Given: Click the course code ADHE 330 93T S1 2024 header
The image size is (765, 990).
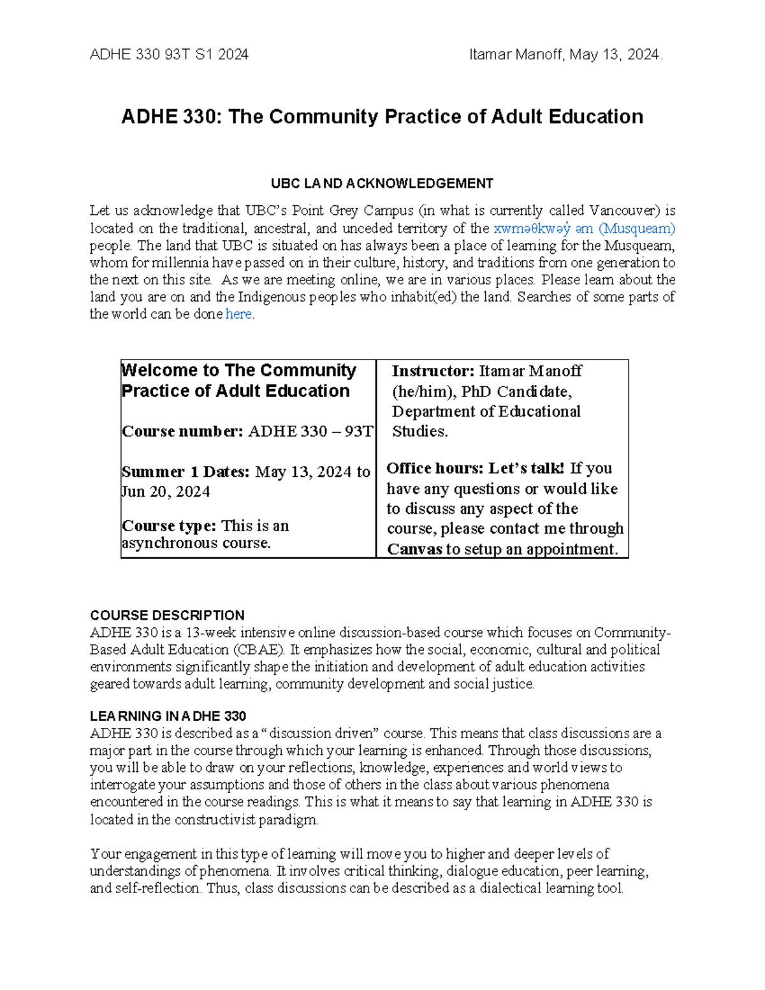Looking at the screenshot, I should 169,55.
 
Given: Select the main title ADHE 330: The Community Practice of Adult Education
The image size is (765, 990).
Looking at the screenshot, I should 382,117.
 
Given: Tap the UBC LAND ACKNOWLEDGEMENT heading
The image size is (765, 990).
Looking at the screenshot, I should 382,184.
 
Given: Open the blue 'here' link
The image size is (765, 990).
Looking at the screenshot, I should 238,314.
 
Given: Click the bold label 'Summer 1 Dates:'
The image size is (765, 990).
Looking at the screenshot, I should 186,472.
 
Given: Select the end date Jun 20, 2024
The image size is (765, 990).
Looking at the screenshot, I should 166,491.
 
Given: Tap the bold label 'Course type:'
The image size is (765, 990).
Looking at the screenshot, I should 170,526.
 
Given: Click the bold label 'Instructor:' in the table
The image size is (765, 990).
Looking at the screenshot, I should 433,371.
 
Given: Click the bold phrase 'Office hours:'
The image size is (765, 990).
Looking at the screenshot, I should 435,469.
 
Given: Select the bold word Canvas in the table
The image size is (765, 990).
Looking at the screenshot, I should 414,549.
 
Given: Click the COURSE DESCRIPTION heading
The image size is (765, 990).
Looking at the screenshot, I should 167,615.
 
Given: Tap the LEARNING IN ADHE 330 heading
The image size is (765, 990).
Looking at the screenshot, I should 168,716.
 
